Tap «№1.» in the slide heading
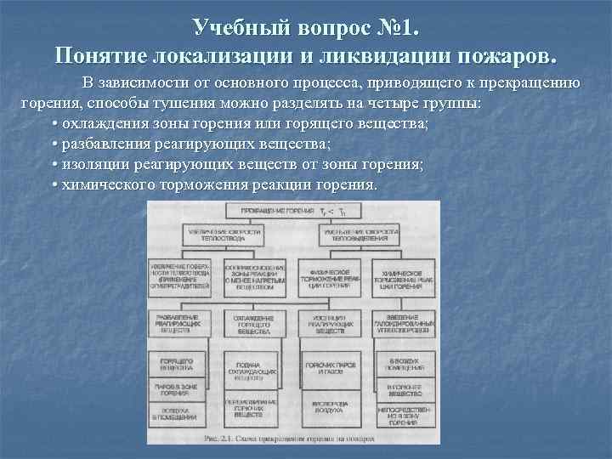(x=393, y=27)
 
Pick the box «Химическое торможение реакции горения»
(x=405, y=277)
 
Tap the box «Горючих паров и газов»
(x=330, y=367)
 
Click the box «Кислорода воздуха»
(x=330, y=412)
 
